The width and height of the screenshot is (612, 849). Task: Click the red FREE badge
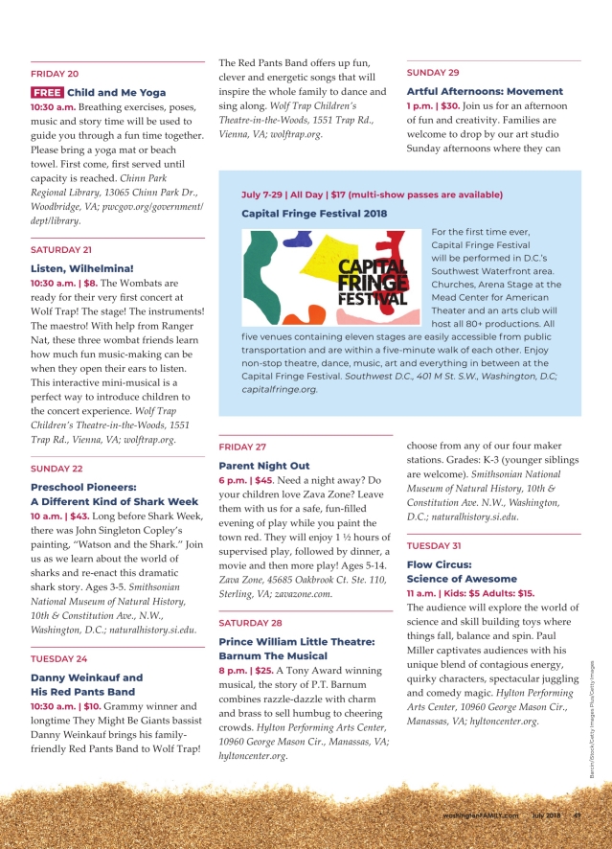click(47, 93)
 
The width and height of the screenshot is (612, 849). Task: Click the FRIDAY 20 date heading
click(55, 74)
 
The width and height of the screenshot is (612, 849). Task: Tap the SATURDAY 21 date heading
click(61, 249)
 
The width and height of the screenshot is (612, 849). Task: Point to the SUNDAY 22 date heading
click(57, 469)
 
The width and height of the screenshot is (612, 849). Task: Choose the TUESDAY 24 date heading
click(59, 659)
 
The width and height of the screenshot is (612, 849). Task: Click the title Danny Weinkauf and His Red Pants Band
click(87, 684)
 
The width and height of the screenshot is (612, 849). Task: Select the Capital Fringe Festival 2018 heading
click(314, 214)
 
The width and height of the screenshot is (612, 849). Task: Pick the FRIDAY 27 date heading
click(242, 447)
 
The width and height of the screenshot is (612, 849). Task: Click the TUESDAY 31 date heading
click(435, 545)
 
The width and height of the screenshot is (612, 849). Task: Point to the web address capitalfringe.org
click(280, 390)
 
